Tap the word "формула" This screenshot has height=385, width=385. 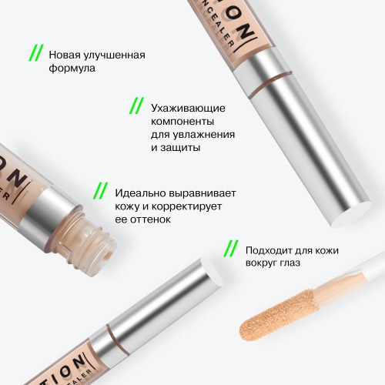pos(72,69)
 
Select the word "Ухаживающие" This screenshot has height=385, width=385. pos(188,109)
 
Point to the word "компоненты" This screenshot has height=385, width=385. pos(182,122)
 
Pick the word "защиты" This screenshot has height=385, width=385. pos(180,148)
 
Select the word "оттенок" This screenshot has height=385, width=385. pos(150,219)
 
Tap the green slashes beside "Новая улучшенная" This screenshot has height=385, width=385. pos(36,53)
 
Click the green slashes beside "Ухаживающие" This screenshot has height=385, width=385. pos(136,105)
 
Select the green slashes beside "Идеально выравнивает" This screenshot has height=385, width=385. pos(100,191)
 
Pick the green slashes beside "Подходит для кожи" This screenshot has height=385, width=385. pos(231,249)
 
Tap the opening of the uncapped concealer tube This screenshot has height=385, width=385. pos(108,256)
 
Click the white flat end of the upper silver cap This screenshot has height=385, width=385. pos(352,215)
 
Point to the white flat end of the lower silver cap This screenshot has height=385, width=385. pos(211,272)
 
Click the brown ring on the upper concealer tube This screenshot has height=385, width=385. pos(270,84)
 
